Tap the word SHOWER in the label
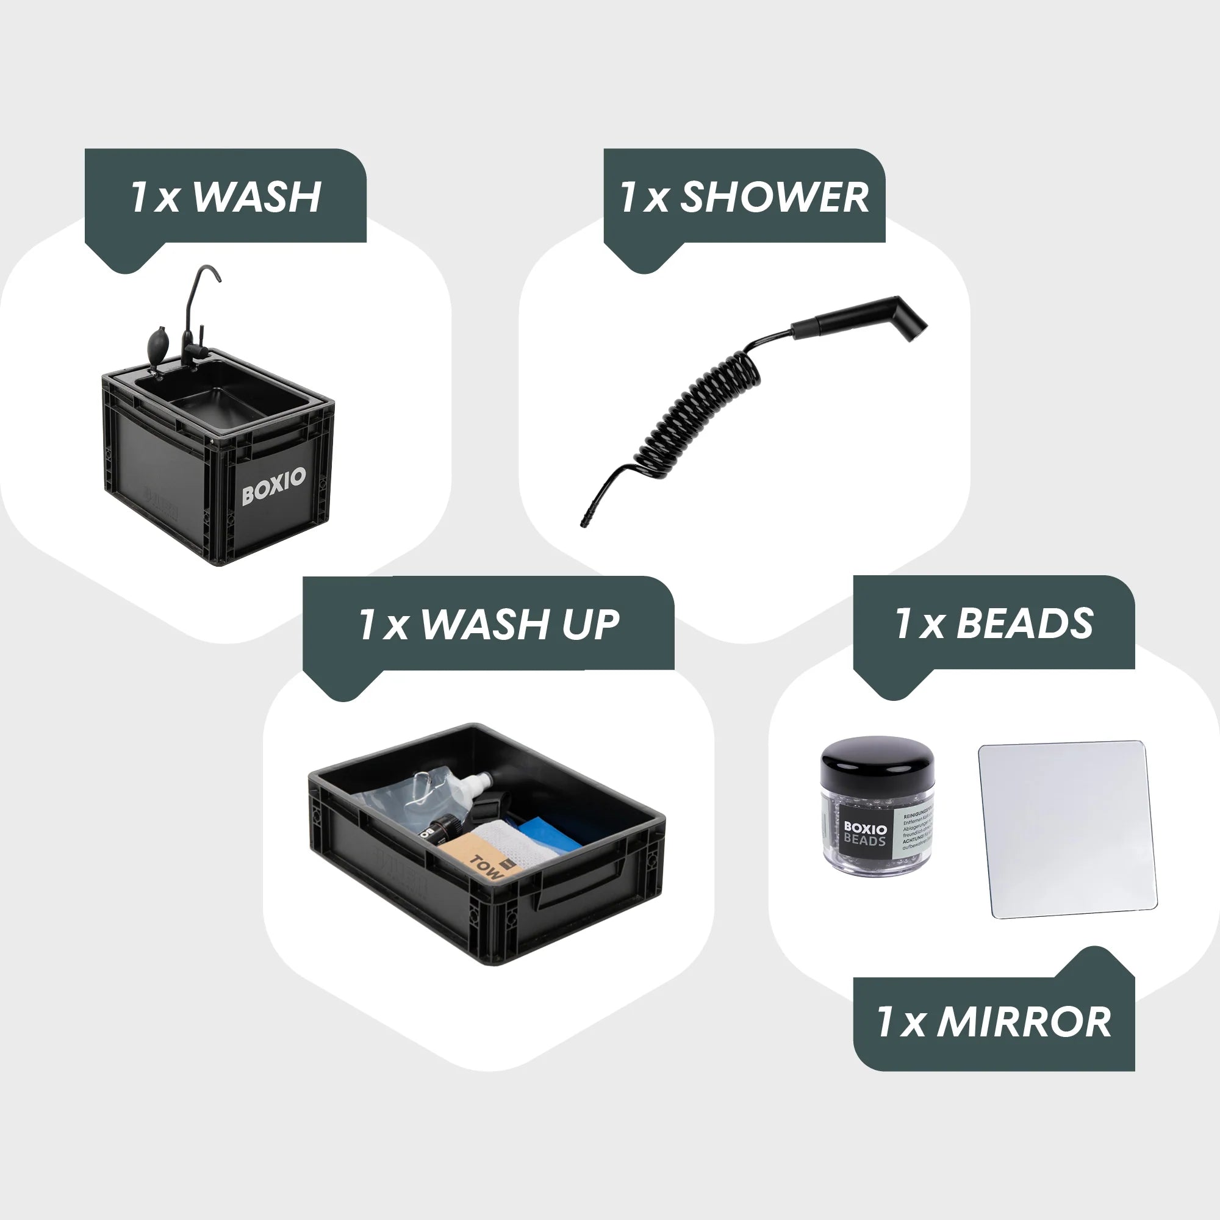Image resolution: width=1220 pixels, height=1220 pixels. point(773,197)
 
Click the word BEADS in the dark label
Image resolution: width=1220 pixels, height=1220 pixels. point(1024,624)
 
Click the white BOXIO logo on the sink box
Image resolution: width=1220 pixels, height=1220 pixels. point(273,486)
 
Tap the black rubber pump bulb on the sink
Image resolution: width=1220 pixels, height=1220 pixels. point(157,343)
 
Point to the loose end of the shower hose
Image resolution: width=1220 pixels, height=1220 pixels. point(584,521)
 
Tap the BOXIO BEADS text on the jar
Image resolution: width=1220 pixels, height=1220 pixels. point(864,833)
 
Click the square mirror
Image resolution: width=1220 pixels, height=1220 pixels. point(1067,829)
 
